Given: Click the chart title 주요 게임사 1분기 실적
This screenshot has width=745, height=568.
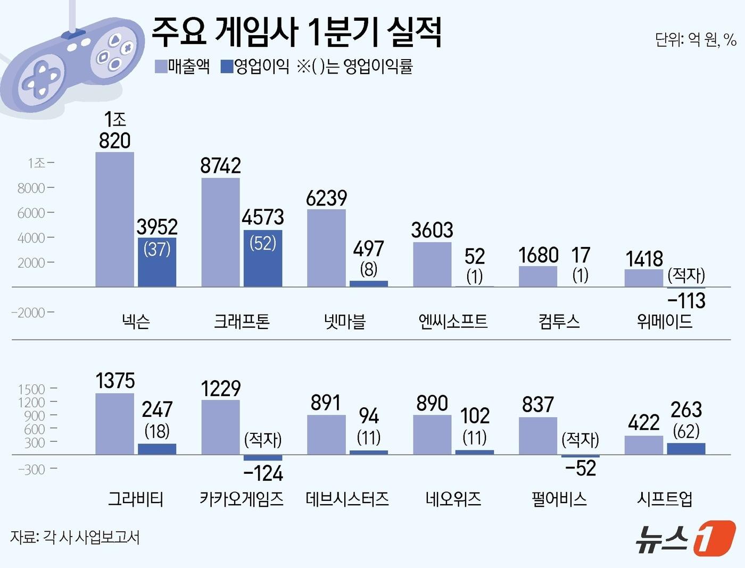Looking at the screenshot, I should tap(296, 32).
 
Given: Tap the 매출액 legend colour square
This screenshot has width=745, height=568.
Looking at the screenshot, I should tap(161, 67).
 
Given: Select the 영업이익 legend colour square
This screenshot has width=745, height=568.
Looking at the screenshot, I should tap(227, 67).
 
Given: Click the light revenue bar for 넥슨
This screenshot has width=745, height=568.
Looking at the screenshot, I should tap(114, 219).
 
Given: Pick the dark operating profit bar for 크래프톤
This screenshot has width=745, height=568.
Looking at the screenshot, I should tap(263, 258).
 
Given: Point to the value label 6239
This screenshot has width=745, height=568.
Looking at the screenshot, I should tap(326, 199).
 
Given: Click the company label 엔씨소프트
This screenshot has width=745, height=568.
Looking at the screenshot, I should tap(453, 321).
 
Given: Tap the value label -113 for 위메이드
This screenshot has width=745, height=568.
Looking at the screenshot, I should tap(686, 301).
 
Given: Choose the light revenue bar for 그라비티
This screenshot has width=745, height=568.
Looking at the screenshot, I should tap(114, 424).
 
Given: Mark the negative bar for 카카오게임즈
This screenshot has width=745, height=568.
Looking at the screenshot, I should tap(263, 457).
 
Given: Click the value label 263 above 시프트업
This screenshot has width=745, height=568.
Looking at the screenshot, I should tap(686, 410).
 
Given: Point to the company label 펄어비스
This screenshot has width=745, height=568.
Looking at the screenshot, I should tap(559, 499).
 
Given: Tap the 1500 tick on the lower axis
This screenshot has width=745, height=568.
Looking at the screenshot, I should tap(31, 389).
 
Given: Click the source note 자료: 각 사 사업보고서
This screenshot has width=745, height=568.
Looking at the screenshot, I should tap(75, 537).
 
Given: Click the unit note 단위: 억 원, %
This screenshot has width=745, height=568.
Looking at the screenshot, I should tap(696, 39).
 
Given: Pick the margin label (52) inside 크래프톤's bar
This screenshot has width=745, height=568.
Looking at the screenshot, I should tap(263, 243).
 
